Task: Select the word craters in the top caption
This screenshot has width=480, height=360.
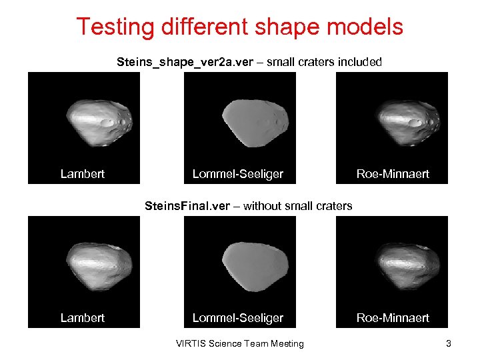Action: click(x=321, y=62)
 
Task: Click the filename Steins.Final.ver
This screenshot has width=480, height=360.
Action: click(x=187, y=206)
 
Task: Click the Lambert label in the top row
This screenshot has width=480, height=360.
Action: click(x=83, y=174)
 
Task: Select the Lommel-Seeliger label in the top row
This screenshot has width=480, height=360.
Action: click(x=238, y=174)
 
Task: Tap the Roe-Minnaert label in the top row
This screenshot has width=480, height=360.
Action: click(x=393, y=174)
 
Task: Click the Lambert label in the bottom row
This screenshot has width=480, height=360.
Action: click(x=83, y=318)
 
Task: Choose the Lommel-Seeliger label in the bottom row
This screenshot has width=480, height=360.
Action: click(x=238, y=318)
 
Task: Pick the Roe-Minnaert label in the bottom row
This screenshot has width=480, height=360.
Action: click(x=393, y=318)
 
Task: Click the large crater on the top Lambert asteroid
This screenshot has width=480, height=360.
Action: click(x=107, y=123)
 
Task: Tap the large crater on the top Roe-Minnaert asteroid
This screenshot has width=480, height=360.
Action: click(x=415, y=123)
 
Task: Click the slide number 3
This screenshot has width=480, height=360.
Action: click(x=449, y=343)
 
